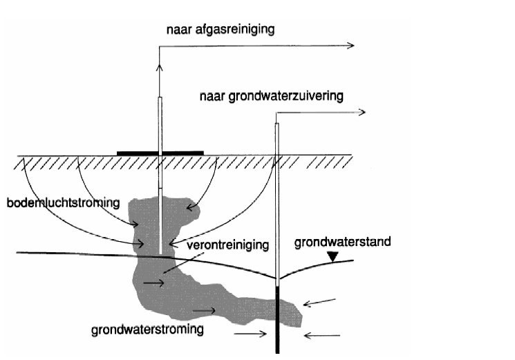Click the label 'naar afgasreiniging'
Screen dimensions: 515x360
[x=221, y=30]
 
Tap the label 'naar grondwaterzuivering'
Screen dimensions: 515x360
[x=272, y=97]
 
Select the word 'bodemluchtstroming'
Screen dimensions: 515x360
[x=63, y=203]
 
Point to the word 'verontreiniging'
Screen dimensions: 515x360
[x=227, y=245]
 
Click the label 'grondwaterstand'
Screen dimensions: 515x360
[x=343, y=242]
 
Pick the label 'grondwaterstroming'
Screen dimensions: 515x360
[x=147, y=330]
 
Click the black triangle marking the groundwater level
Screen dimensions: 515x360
[x=333, y=256]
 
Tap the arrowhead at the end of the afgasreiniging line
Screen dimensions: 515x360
[x=351, y=46]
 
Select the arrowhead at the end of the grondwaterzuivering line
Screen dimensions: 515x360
[x=362, y=112]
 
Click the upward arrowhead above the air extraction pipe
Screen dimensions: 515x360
[x=159, y=67]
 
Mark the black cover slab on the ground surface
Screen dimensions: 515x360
[x=160, y=153]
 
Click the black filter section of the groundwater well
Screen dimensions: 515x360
[x=277, y=320]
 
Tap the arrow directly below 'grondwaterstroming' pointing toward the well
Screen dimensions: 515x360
[x=250, y=334]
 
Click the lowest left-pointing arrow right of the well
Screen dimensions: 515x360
[x=322, y=335]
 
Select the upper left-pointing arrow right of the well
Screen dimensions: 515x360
[x=319, y=302]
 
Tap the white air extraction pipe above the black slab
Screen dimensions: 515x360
[x=160, y=124]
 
